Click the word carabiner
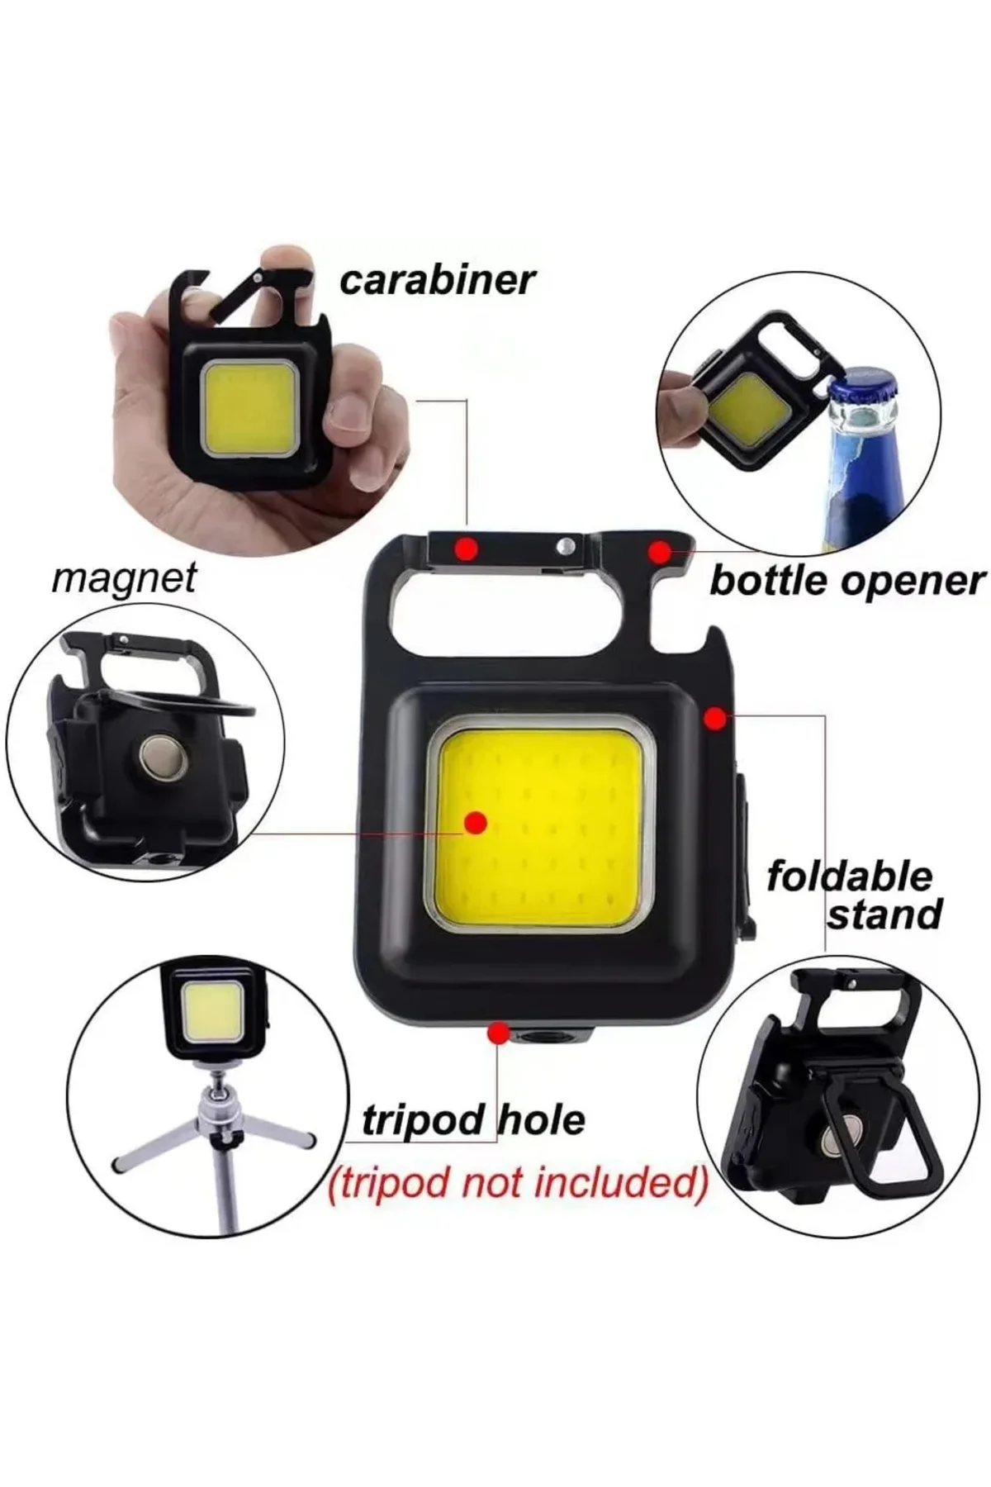(x=438, y=280)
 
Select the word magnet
(x=124, y=578)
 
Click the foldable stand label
(x=854, y=895)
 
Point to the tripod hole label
(x=473, y=1120)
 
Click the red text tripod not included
(x=518, y=1183)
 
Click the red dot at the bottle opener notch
(x=660, y=551)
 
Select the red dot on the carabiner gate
(x=466, y=547)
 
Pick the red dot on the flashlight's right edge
(x=716, y=719)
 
